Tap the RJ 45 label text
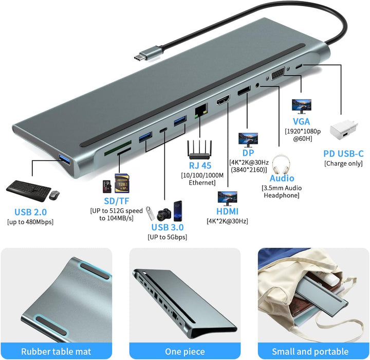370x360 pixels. (x=200, y=166)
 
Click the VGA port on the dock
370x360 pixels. (x=277, y=73)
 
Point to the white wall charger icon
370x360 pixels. (x=344, y=130)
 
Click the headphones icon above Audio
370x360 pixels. (x=281, y=164)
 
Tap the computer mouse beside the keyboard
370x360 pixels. (x=54, y=195)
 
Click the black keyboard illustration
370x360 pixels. (x=29, y=191)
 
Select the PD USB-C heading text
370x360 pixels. (x=343, y=154)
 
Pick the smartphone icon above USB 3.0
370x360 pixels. (x=178, y=211)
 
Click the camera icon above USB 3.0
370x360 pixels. (x=164, y=214)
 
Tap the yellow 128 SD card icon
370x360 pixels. (x=122, y=183)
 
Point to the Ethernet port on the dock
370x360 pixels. (x=201, y=110)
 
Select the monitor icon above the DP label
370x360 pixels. (x=248, y=140)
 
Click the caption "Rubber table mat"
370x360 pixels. (x=56, y=351)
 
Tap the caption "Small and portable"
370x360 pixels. (x=310, y=351)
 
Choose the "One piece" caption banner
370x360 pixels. (x=185, y=351)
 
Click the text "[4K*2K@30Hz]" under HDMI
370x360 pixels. (x=227, y=221)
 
